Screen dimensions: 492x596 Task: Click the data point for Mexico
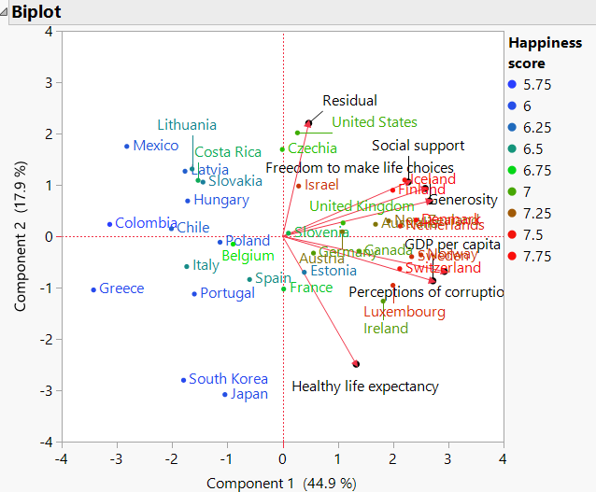(127, 146)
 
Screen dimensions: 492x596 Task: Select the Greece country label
(121, 288)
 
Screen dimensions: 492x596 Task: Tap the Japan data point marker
(225, 394)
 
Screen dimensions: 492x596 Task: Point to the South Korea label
(228, 379)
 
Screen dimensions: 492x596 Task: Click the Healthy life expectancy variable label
(364, 386)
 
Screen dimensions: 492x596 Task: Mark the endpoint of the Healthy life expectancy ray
(356, 364)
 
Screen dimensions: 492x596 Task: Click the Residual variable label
(349, 101)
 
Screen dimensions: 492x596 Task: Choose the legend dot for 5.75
(512, 83)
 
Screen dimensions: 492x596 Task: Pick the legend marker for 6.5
(512, 148)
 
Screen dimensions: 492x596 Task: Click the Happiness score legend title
(544, 53)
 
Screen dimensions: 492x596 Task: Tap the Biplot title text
(38, 11)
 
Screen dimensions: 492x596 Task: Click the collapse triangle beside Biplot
(5, 11)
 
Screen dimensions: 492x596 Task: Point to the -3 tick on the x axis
(117, 459)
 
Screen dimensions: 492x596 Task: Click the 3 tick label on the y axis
(47, 82)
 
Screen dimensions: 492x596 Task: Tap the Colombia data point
(110, 224)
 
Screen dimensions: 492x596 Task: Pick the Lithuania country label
(187, 125)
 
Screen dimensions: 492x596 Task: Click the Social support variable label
(418, 146)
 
